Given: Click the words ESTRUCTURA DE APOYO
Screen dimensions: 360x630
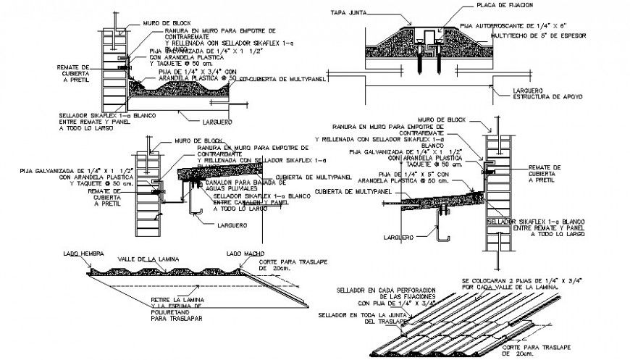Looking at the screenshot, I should [x=527, y=95].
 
